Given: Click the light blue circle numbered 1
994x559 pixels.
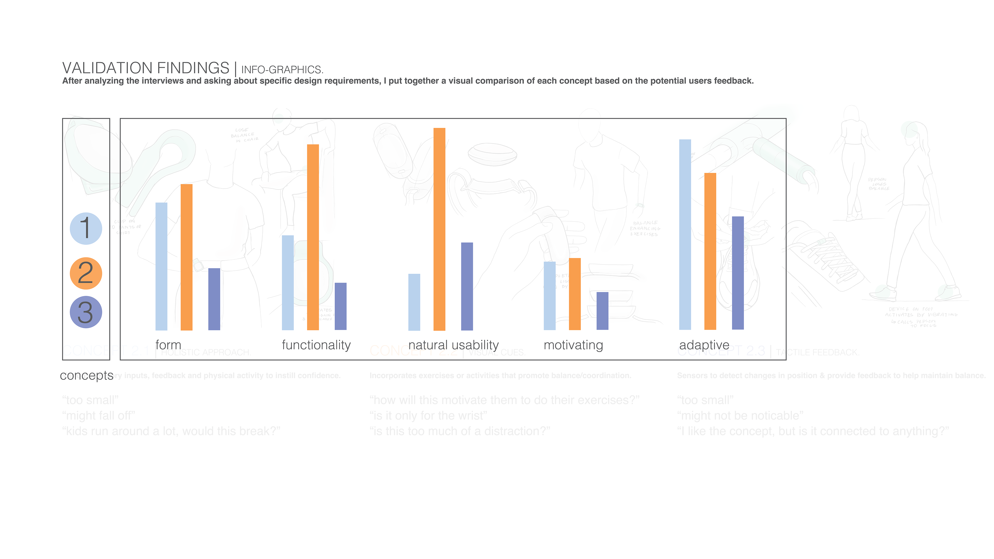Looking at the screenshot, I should coord(86,228).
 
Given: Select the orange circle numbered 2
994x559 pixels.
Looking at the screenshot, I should coord(86,273).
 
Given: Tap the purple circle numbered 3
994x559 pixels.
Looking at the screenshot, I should coord(86,312).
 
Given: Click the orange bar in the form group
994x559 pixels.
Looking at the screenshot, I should coord(186,257).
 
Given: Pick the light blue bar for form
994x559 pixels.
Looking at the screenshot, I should coord(161,266).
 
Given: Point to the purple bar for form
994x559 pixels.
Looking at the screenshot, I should coord(214,299).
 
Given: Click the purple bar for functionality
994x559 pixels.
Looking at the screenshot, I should coord(340,306).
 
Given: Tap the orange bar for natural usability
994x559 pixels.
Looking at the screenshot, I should coord(439,229).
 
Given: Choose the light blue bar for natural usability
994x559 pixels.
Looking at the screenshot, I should coord(414,302).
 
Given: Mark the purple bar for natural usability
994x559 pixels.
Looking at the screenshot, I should coord(467,286).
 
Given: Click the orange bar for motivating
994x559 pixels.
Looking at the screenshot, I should coord(575,294).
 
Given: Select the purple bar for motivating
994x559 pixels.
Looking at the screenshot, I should coord(602,311).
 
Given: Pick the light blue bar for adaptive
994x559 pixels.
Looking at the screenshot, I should coord(685,234).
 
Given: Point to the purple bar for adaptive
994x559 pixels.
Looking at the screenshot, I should coord(738,273).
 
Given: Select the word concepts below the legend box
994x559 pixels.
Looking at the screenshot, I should coord(86,375).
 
